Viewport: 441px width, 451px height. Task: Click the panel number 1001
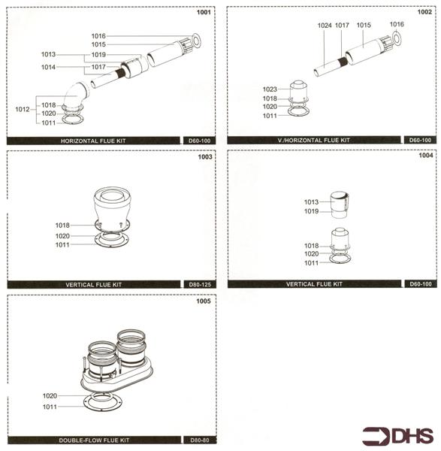(204, 13)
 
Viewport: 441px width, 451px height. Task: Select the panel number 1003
(204, 159)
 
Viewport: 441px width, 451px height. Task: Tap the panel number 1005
(204, 301)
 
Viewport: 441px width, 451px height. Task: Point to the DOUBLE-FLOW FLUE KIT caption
(95, 439)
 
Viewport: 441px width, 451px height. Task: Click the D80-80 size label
(199, 439)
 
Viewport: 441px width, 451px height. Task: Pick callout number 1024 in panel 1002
(324, 25)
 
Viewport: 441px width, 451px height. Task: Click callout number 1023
(270, 89)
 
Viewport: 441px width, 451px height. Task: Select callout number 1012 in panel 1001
(23, 110)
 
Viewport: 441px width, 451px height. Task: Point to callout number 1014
(48, 68)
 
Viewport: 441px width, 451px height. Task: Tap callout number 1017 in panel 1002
(343, 25)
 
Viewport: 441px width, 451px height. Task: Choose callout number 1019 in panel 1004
(311, 212)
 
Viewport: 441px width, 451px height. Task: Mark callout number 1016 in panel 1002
(397, 25)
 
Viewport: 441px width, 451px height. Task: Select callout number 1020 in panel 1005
(50, 396)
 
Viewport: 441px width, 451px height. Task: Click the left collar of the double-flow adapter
(102, 355)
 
